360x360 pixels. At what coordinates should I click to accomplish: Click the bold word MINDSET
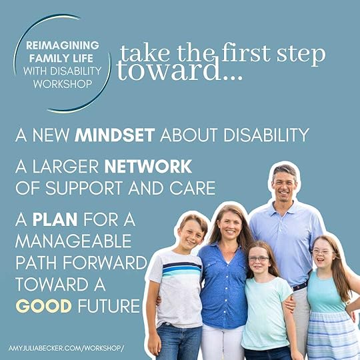click(115, 136)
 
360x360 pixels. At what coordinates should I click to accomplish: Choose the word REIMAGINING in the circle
click(62, 45)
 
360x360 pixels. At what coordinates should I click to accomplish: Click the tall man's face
click(284, 183)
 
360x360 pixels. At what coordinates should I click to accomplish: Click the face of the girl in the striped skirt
click(323, 251)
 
